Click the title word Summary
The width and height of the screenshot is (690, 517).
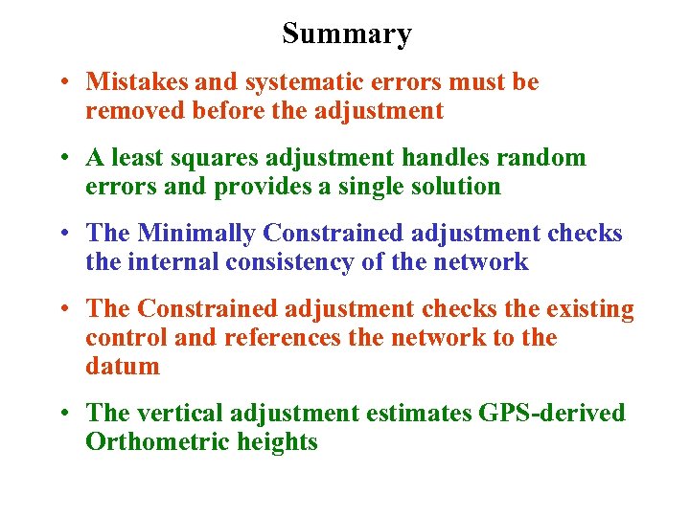(x=346, y=34)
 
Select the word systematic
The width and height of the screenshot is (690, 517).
(x=305, y=82)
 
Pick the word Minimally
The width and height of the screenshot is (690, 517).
(x=196, y=234)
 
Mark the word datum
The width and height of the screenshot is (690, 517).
(x=122, y=367)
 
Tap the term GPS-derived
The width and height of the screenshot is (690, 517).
(x=549, y=414)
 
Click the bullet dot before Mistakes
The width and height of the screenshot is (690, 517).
(x=60, y=83)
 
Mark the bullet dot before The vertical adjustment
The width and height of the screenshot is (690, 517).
(x=60, y=415)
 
